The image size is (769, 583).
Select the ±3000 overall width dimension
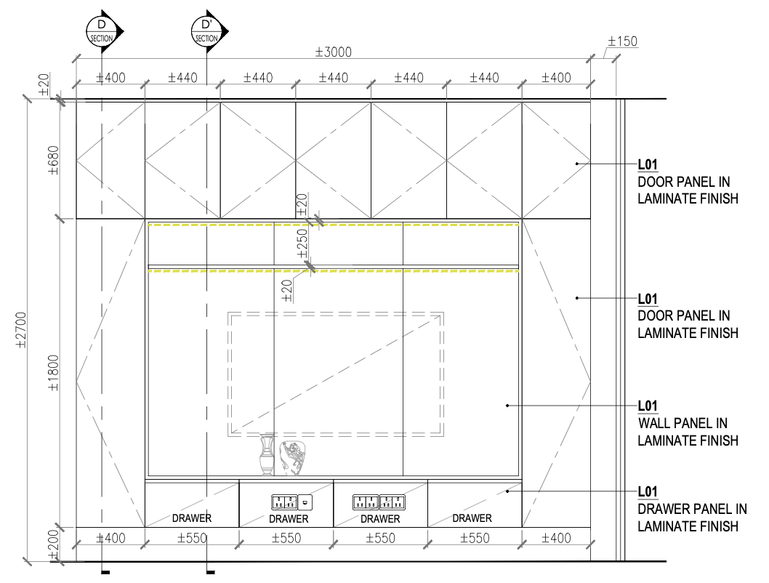point(334,52)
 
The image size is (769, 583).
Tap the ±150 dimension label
point(622,41)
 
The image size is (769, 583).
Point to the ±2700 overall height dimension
point(21,330)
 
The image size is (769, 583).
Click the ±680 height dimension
point(54,161)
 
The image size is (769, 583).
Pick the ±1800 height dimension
point(54,373)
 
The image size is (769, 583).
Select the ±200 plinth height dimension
point(54,544)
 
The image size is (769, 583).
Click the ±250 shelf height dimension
point(302,244)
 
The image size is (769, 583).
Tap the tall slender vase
point(267,454)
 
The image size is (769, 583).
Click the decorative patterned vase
point(292,458)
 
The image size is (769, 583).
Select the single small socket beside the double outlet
point(305,502)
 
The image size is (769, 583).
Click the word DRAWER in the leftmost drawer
point(192,518)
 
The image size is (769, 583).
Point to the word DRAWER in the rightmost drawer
point(472,518)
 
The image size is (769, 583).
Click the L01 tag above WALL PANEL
point(648,406)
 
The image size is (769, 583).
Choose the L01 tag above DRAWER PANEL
point(648,492)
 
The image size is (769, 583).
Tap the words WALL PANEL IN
point(683,423)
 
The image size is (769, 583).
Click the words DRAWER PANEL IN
point(692,509)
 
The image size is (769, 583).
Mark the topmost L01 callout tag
point(648,165)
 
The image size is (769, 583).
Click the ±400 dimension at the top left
point(110,78)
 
